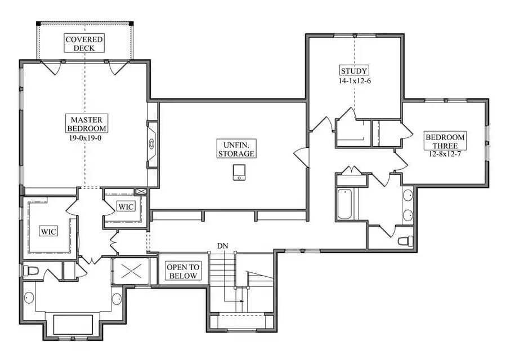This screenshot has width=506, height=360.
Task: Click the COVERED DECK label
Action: pyautogui.click(x=84, y=43)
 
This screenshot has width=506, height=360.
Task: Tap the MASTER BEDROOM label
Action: pyautogui.click(x=86, y=124)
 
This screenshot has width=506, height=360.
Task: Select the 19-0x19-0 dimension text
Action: pyautogui.click(x=86, y=137)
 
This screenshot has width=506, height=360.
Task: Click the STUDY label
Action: pyautogui.click(x=354, y=71)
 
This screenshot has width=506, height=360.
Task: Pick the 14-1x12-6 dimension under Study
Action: pyautogui.click(x=354, y=80)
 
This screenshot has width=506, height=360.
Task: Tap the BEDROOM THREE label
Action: pyautogui.click(x=445, y=141)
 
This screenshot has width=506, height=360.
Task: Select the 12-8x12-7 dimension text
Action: pyautogui.click(x=445, y=154)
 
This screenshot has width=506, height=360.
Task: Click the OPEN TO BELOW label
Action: pyautogui.click(x=183, y=272)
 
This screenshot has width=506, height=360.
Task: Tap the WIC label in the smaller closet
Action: pyautogui.click(x=126, y=207)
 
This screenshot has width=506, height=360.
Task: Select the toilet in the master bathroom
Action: pyautogui.click(x=31, y=271)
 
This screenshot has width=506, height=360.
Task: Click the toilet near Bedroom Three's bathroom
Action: pyautogui.click(x=404, y=241)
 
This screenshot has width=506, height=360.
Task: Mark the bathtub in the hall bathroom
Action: pyautogui.click(x=344, y=204)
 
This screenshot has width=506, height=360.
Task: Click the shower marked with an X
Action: pyautogui.click(x=132, y=271)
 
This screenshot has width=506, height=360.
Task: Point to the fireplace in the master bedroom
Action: pyautogui.click(x=151, y=144)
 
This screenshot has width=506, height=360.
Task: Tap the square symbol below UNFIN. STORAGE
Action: pyautogui.click(x=239, y=172)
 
